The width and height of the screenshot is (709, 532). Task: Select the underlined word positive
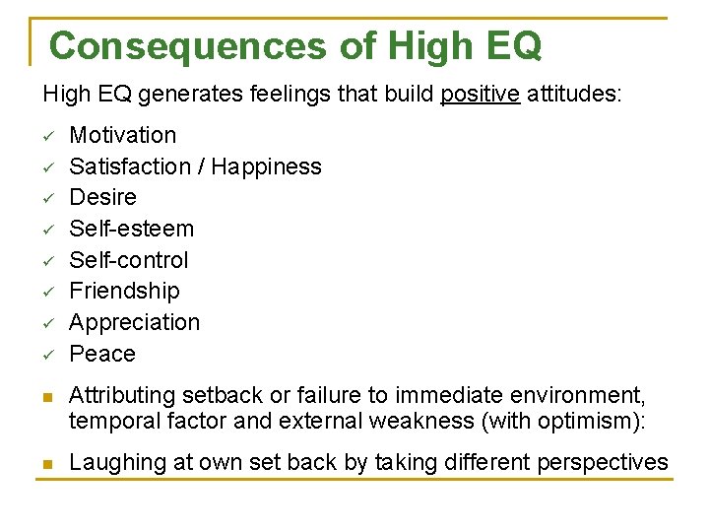[480, 95]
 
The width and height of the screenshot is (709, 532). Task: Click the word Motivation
[123, 135]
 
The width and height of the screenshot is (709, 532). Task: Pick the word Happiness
[266, 166]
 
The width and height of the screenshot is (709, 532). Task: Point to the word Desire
[102, 197]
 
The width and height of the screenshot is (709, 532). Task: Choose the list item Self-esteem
[131, 229]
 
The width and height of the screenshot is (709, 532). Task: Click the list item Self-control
[128, 260]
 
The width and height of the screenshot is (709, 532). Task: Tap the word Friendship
[124, 291]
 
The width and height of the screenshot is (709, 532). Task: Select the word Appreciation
[134, 322]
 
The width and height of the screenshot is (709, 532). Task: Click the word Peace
[102, 354]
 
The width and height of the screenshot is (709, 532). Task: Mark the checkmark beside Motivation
[48, 136]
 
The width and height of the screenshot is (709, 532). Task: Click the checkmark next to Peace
[48, 355]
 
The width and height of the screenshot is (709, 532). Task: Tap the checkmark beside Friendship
[48, 292]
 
